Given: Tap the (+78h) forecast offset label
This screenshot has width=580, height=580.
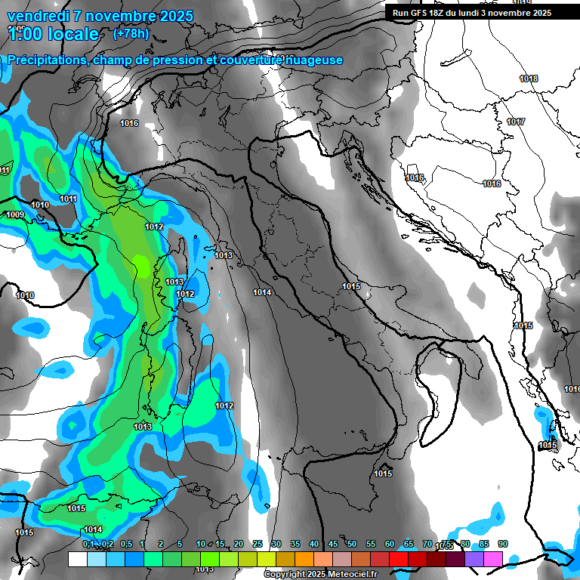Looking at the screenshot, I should [x=131, y=33].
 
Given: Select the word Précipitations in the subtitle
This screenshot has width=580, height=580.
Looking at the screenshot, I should [x=46, y=60].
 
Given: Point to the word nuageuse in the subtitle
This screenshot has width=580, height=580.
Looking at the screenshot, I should [x=314, y=60].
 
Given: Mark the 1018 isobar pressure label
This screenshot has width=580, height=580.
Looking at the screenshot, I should [x=529, y=79].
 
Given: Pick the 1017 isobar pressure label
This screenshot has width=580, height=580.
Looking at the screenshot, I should [x=516, y=122].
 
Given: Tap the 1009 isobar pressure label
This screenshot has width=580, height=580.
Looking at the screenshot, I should [x=15, y=215].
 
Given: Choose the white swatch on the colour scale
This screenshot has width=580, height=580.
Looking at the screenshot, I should [x=77, y=560].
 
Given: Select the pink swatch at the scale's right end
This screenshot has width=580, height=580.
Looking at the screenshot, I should [x=493, y=560].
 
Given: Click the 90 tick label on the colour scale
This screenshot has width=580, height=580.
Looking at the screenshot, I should [x=503, y=545].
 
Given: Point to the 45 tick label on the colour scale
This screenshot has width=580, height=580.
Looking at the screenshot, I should [x=333, y=545].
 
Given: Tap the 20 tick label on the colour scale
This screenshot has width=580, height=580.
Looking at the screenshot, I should [x=239, y=545].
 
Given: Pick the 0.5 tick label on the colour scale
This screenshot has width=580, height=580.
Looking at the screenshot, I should [x=126, y=545].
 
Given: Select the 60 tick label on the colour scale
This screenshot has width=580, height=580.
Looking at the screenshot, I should [x=390, y=545].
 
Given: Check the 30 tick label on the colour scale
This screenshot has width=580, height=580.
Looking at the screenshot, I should [x=276, y=545].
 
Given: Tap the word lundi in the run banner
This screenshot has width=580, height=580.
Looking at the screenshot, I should [x=480, y=13].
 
